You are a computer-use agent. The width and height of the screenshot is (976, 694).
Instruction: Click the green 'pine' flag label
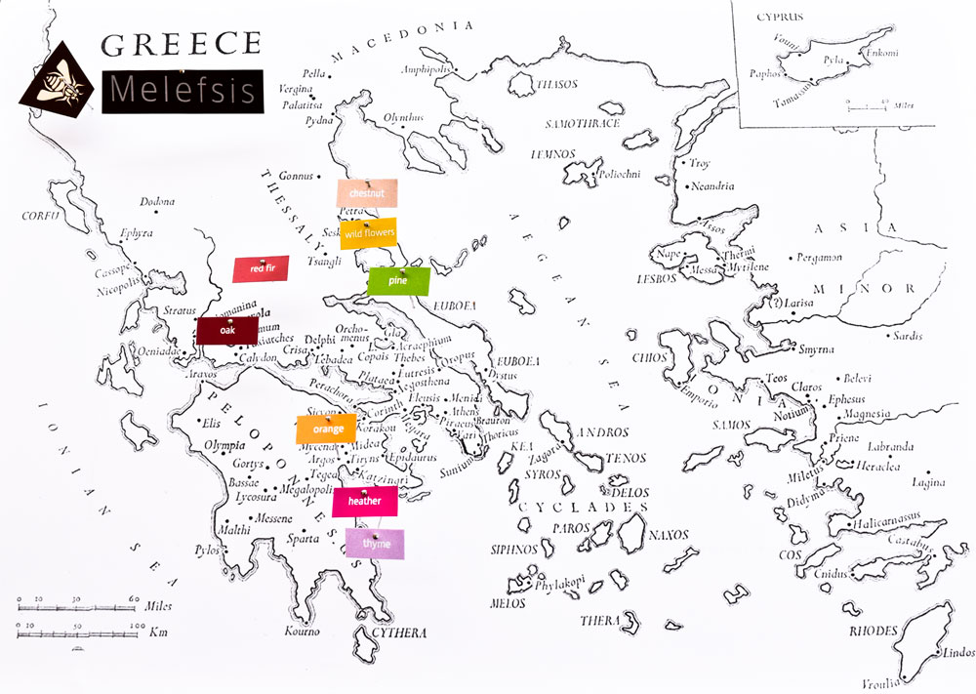[398, 281]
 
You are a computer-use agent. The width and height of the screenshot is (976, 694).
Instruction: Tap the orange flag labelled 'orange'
[327, 429]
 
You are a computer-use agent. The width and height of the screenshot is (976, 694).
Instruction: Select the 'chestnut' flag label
[369, 193]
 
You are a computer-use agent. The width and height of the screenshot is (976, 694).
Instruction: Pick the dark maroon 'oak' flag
[227, 331]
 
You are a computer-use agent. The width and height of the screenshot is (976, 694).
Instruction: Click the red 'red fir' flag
[260, 269]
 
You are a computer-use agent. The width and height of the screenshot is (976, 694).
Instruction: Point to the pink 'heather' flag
[364, 502]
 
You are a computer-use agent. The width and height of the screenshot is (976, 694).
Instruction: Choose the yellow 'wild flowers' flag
[367, 234]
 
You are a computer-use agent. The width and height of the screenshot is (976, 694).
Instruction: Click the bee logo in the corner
[59, 81]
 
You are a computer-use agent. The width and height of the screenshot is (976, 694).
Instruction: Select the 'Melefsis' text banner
[183, 89]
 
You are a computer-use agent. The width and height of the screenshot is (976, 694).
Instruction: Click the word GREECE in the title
[182, 44]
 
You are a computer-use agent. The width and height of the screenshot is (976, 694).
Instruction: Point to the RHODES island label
[874, 632]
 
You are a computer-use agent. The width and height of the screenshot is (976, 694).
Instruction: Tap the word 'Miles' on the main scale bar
[158, 605]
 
